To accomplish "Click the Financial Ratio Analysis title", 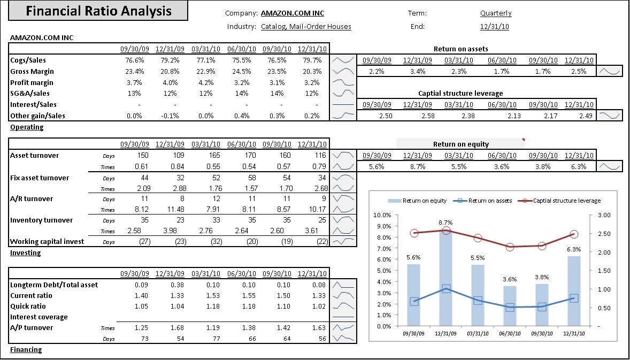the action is (99, 11).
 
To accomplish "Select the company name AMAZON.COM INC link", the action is (293, 13).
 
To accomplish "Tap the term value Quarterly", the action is (496, 13).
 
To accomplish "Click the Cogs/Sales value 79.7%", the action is (312, 60).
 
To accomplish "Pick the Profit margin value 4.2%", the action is (205, 83).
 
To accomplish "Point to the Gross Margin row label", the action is (32, 72).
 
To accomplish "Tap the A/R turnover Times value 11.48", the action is (175, 209).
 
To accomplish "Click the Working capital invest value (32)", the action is (216, 242).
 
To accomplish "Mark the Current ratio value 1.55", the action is (249, 296).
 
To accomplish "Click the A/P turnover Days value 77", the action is (216, 339).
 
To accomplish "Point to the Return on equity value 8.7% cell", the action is (418, 167).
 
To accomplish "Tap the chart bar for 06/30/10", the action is (510, 306).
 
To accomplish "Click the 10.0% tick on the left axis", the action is (382, 215).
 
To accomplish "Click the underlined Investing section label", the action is (25, 253).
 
